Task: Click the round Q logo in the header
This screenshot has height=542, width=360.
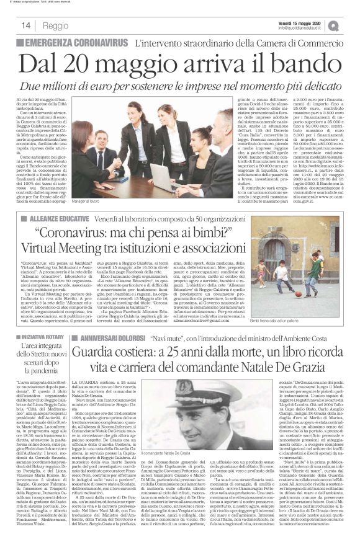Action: (x=351, y=25)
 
